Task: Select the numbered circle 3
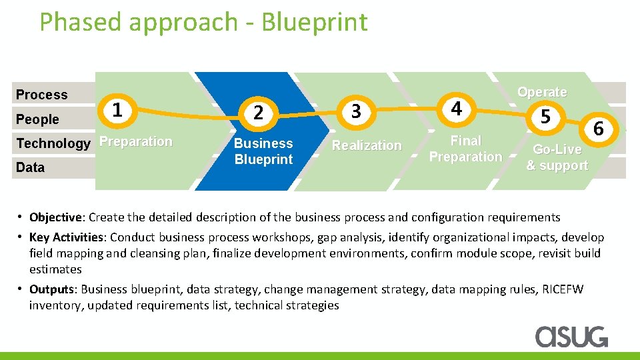point(356,111)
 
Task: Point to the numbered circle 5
point(545,117)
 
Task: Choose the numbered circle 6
point(598,129)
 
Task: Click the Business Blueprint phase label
point(263,151)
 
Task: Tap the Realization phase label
point(367,145)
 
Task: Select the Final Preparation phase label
point(465,149)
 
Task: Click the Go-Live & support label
point(557,157)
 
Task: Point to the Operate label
point(542,92)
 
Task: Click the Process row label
point(41,95)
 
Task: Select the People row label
point(37,119)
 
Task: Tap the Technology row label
point(53,143)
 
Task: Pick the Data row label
point(30,167)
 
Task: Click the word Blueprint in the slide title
point(314,22)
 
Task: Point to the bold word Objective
point(56,217)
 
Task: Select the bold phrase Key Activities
point(67,237)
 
